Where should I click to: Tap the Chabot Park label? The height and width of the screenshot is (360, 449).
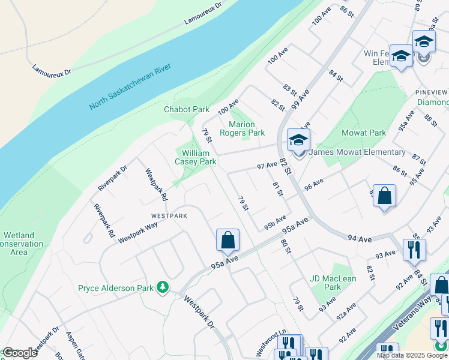[x=187, y=109]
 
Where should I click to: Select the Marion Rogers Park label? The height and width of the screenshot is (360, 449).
[x=242, y=128]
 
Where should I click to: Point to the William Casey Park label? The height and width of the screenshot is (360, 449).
[x=195, y=157]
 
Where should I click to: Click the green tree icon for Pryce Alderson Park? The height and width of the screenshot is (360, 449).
[x=162, y=288]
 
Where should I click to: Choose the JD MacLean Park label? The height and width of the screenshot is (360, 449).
[x=333, y=283]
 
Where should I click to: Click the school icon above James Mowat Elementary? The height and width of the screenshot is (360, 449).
[x=298, y=140]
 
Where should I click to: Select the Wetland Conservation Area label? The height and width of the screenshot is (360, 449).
[x=22, y=244]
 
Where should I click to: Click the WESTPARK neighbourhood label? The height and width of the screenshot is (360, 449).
[x=169, y=215]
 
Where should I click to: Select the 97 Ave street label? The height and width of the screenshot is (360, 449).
[x=267, y=165]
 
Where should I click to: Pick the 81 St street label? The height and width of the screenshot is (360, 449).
[x=277, y=188]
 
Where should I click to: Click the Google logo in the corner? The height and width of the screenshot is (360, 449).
[x=19, y=353]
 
